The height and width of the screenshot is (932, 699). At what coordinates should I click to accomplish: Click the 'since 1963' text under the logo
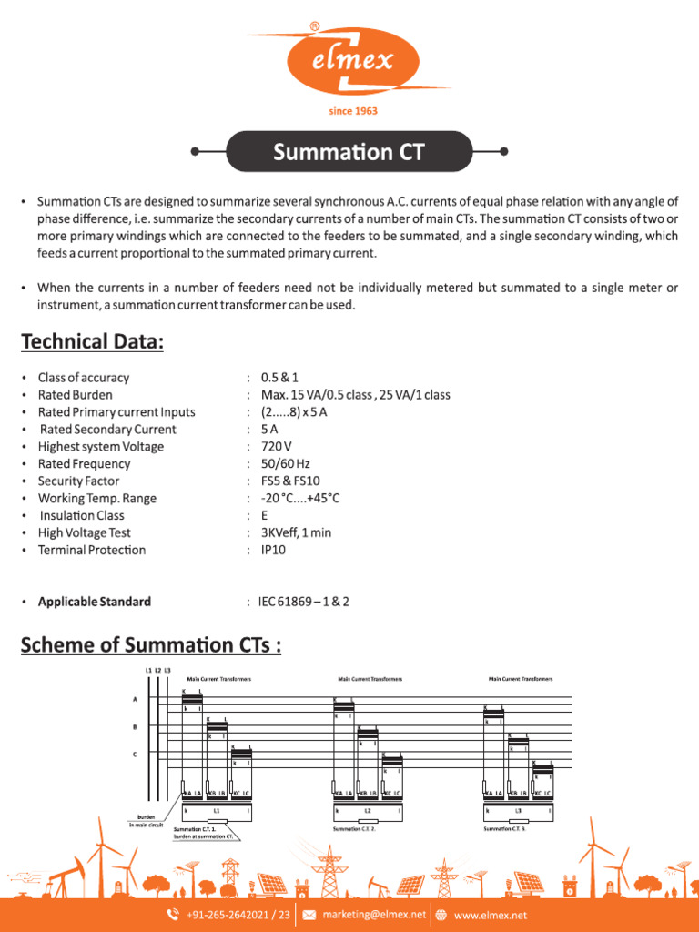click(x=352, y=111)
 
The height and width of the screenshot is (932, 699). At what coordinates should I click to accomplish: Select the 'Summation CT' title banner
click(x=349, y=151)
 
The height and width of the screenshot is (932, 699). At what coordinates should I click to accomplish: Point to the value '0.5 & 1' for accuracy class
click(x=279, y=378)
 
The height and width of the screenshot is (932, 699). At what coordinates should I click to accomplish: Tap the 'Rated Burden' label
click(x=76, y=395)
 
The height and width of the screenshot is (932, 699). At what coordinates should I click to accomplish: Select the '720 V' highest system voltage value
click(x=277, y=447)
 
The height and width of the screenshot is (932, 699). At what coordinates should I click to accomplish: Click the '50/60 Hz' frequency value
click(x=285, y=464)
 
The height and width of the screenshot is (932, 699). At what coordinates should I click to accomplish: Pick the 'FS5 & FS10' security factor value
click(x=290, y=481)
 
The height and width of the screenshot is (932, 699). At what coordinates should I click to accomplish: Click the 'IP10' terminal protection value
click(x=274, y=550)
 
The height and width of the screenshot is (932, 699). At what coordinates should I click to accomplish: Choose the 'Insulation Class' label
click(x=82, y=515)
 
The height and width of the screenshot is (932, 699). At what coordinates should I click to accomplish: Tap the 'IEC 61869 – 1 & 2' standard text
click(x=304, y=602)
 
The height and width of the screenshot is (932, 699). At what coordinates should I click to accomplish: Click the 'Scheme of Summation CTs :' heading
click(x=151, y=645)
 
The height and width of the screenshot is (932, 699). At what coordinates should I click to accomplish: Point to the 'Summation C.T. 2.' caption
click(x=354, y=829)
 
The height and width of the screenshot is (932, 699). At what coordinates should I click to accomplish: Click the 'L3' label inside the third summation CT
click(x=518, y=809)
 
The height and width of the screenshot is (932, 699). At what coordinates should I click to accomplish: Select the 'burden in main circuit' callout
click(x=145, y=821)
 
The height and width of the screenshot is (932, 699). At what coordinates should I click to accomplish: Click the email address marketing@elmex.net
click(x=374, y=915)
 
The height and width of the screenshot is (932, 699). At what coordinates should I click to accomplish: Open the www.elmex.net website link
click(x=490, y=915)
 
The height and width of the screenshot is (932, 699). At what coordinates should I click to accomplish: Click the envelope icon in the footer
click(x=309, y=915)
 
